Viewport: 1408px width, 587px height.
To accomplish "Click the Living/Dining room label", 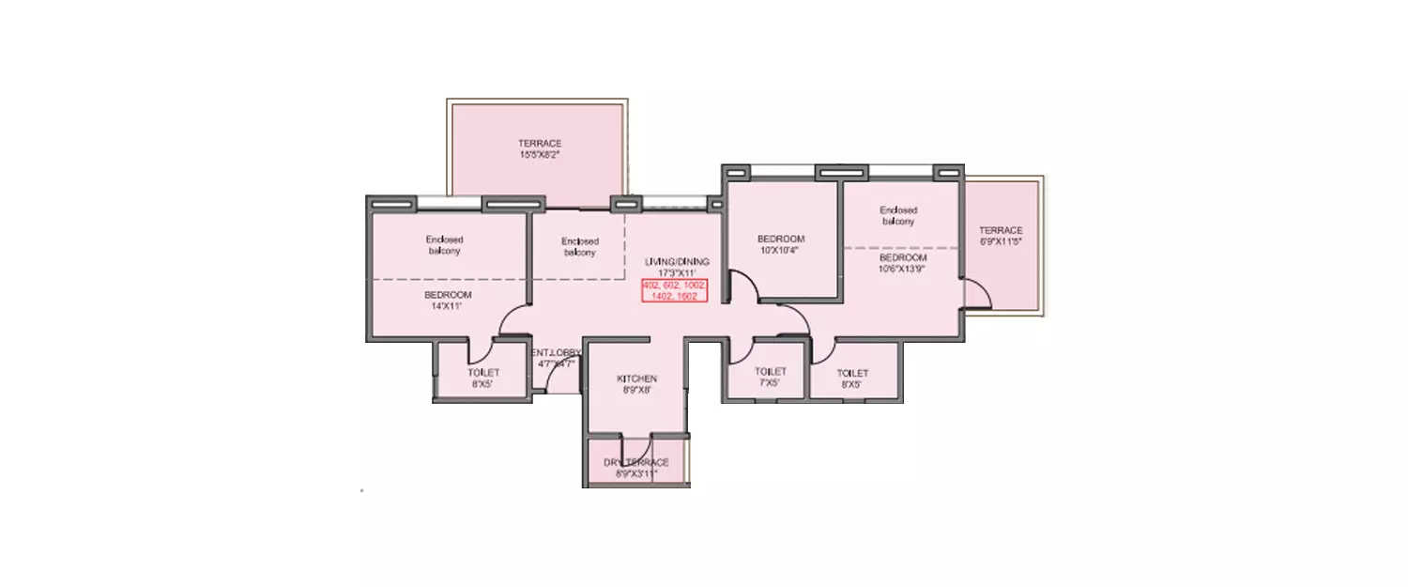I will pos(677,267).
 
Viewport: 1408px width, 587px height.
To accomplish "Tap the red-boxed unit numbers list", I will pos(674,290).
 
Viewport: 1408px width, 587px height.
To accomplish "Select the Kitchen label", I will pos(635,384).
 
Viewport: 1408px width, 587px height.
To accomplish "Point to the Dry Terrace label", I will pos(636,468).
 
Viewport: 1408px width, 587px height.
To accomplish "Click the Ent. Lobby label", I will pos(557,358).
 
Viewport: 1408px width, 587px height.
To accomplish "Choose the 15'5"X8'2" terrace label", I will pos(540,148).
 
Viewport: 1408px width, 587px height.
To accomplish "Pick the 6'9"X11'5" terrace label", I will pos(1001,236).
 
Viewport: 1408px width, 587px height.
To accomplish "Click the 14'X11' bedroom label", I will pos(447,301).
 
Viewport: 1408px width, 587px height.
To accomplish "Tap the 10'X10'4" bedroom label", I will pos(781,244).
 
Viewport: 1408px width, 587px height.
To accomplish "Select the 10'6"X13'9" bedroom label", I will pos(902,263).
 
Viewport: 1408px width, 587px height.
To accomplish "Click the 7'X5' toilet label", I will pos(770,377).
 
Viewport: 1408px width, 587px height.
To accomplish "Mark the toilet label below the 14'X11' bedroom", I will pos(483,378).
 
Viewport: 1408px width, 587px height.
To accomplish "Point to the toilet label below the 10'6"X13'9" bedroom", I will pos(852,378).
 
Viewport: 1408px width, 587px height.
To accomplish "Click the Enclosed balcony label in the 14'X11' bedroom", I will pos(444,245).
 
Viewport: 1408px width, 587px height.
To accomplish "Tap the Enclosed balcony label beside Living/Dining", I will pos(579,247).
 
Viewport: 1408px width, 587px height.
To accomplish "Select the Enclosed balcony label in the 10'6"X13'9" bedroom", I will pos(898,215).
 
